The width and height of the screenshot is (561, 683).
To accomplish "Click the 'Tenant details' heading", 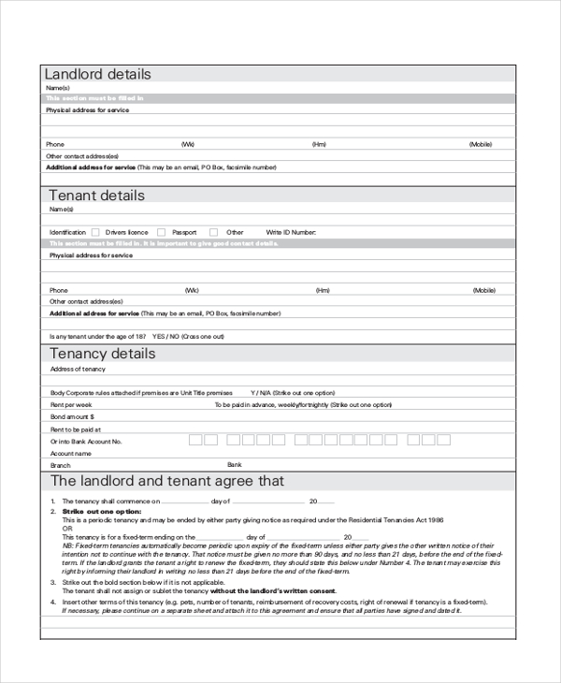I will tap(96, 196).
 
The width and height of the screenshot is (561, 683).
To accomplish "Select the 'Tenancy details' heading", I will tap(102, 354).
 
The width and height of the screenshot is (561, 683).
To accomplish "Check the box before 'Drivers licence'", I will tap(95, 232).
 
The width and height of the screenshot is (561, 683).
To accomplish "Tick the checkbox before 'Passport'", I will tap(161, 232).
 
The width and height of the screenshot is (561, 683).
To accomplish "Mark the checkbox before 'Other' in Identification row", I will tap(213, 232).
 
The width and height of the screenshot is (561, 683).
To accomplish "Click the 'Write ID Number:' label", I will tap(291, 232).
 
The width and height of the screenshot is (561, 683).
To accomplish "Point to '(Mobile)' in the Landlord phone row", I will tap(481, 144).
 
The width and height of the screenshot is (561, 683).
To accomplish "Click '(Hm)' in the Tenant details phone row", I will tap(323, 290).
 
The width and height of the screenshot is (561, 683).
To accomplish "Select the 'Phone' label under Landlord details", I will tap(56, 144).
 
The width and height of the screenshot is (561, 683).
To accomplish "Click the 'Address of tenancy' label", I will tap(78, 370).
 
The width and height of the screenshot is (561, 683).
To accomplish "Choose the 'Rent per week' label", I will tap(70, 404).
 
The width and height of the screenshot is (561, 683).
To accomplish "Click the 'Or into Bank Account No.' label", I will tap(86, 441).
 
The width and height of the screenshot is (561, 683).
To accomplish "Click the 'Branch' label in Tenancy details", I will tap(60, 465).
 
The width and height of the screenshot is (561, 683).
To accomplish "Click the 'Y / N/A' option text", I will tap(262, 393).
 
